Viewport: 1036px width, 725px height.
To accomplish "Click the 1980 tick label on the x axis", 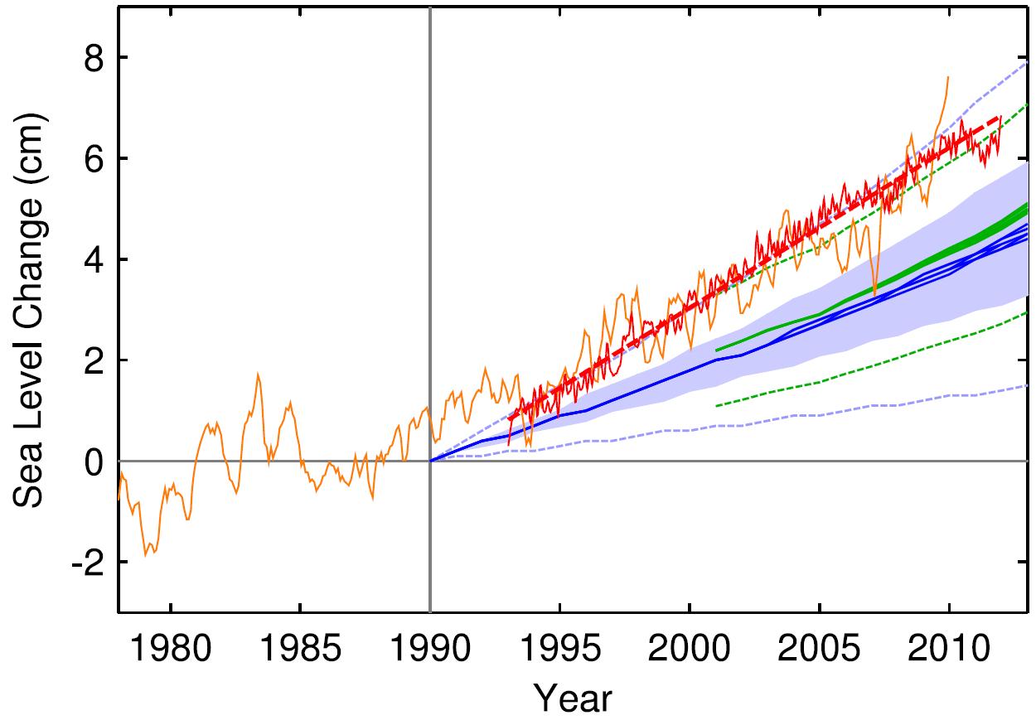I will pyautogui.click(x=171, y=648).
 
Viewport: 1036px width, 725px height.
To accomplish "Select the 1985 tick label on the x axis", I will pyautogui.click(x=300, y=648).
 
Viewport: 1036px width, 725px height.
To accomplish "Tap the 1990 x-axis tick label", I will pyautogui.click(x=430, y=648).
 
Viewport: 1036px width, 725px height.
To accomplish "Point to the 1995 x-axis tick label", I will pyautogui.click(x=559, y=648).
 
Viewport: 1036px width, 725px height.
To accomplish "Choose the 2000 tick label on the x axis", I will pyautogui.click(x=690, y=648).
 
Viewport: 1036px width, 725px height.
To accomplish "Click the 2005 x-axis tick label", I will pyautogui.click(x=819, y=648).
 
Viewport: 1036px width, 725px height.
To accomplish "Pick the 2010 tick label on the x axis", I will pyautogui.click(x=948, y=648).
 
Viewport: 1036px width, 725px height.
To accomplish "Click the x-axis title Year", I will pyautogui.click(x=573, y=698).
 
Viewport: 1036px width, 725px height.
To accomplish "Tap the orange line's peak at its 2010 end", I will pyautogui.click(x=948, y=77).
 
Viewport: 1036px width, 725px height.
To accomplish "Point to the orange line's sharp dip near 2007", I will pyautogui.click(x=875, y=294).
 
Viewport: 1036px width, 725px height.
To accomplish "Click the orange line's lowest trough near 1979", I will pyautogui.click(x=146, y=554).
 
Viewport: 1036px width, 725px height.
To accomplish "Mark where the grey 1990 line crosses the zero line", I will pyautogui.click(x=430, y=461).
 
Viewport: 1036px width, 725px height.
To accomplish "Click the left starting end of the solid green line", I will pyautogui.click(x=716, y=350).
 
